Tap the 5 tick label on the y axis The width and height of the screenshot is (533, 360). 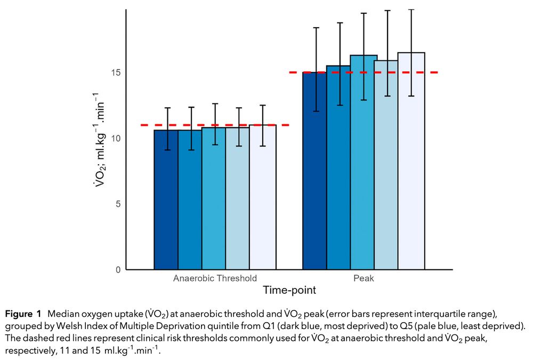(118, 204)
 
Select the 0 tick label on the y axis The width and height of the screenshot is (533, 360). (118, 270)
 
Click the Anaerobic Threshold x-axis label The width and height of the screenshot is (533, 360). (215, 278)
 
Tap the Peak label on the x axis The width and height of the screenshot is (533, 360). (364, 278)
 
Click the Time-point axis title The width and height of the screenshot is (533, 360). (289, 291)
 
